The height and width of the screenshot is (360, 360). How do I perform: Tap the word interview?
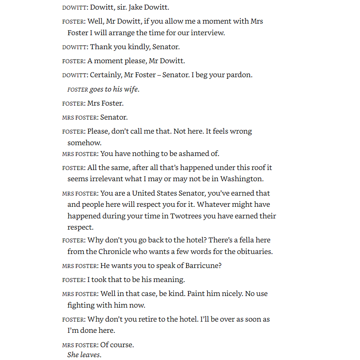pos(208,33)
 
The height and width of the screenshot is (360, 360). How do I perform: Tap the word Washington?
pos(242,179)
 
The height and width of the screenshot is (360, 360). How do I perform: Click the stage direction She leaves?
pos(84,355)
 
